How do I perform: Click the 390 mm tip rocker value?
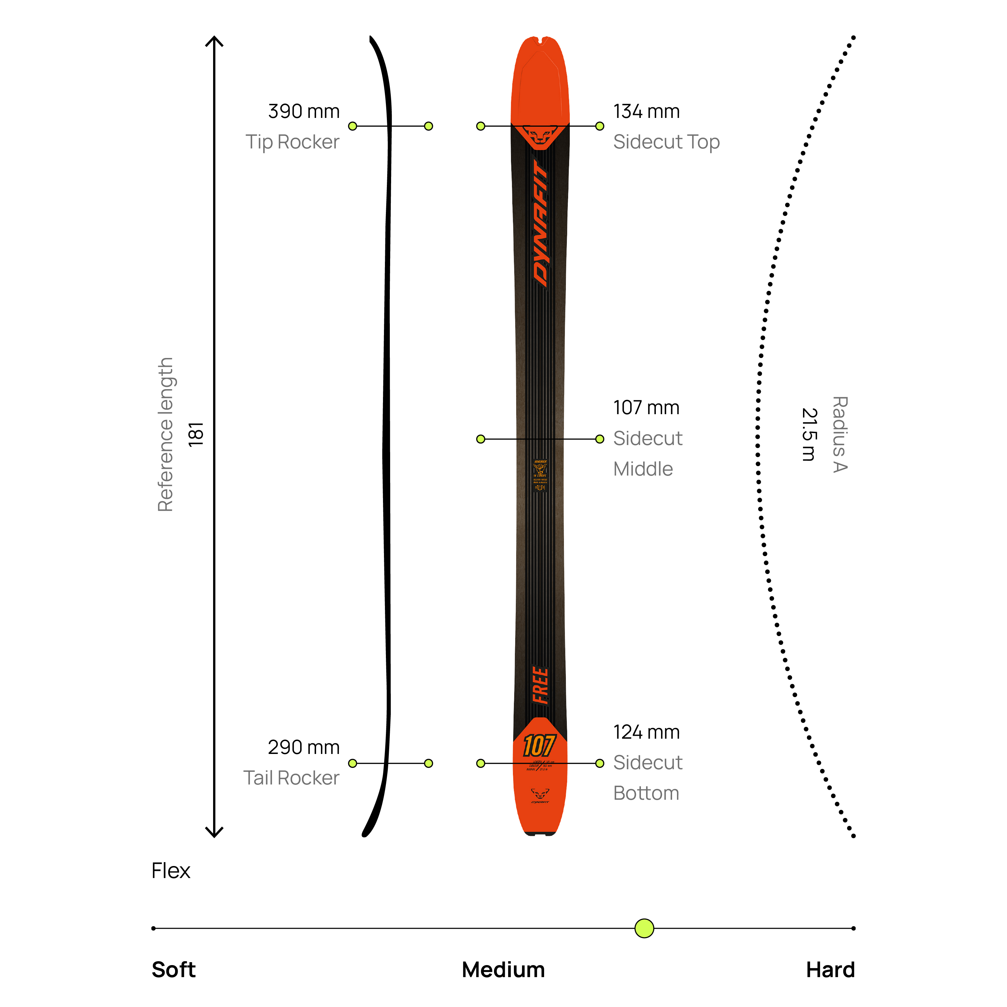click(303, 111)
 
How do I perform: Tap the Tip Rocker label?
click(292, 142)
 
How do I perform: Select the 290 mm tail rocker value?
click(303, 747)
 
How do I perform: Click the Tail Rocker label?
click(291, 778)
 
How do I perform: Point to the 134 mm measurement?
click(646, 111)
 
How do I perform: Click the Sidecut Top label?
click(666, 142)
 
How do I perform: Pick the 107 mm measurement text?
click(646, 408)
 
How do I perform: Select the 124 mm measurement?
click(646, 732)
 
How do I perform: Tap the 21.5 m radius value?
click(809, 435)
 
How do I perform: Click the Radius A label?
click(840, 435)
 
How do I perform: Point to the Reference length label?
click(165, 435)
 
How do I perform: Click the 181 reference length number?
click(196, 435)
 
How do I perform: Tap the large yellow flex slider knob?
click(644, 928)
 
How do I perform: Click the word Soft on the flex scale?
click(173, 970)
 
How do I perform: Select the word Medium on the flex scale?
click(503, 970)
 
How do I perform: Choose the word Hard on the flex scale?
click(830, 970)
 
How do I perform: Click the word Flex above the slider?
click(171, 871)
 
